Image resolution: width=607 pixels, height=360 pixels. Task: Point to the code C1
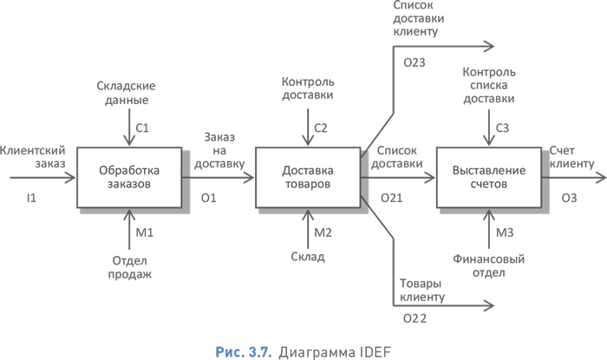(142, 128)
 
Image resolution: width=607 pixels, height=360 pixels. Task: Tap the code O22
(414, 320)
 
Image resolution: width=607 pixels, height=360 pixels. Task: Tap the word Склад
(308, 257)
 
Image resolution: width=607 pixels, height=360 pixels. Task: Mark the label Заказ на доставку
(219, 150)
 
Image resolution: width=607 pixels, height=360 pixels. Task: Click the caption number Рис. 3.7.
(243, 350)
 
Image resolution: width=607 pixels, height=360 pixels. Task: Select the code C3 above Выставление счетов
(501, 128)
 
